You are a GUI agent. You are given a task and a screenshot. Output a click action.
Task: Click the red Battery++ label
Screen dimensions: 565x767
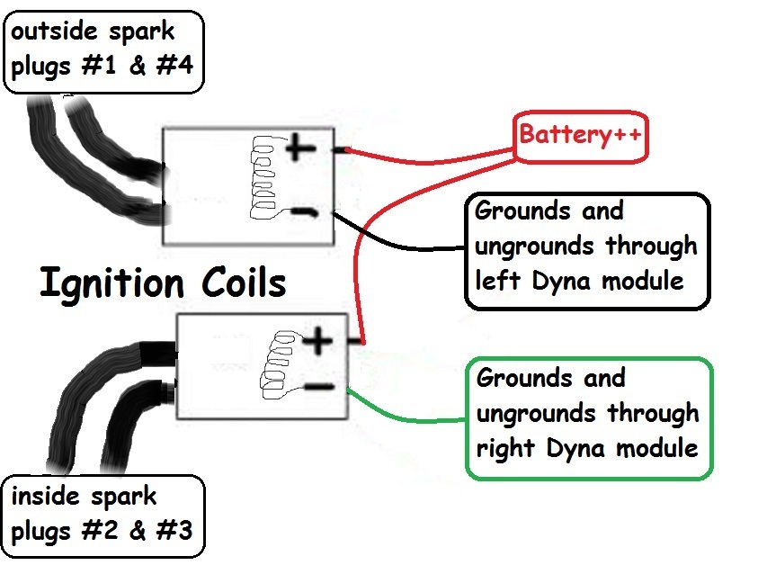pos(579,136)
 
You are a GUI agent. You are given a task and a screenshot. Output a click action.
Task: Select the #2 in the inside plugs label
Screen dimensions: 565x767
pos(100,530)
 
